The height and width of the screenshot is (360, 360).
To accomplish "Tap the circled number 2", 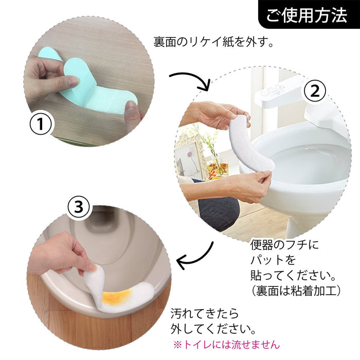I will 314,92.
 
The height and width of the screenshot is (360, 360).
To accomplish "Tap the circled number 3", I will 78,207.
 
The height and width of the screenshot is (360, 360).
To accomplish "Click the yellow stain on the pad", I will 118,296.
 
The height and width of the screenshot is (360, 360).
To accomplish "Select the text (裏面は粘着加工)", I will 296,291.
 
